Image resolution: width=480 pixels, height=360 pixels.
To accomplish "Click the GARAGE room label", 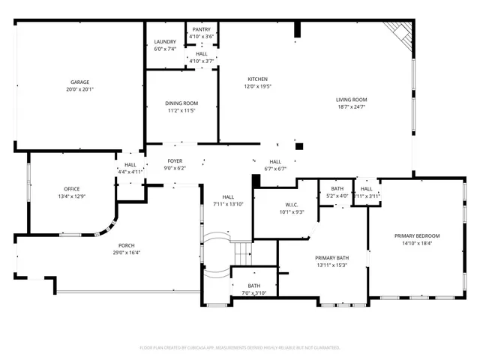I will [x=80, y=82].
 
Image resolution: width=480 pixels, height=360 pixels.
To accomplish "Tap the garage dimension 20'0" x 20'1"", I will [x=80, y=89].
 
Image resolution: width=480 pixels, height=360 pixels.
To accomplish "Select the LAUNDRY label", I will [x=165, y=42].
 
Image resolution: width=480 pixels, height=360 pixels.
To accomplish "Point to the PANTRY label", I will [x=201, y=29].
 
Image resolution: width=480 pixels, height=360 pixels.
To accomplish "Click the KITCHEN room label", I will [x=258, y=79].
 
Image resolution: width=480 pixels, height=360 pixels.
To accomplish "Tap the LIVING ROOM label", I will [x=351, y=100].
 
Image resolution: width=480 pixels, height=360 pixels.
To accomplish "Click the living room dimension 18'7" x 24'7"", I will [x=351, y=107].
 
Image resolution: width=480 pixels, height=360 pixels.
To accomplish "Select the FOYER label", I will [x=175, y=161].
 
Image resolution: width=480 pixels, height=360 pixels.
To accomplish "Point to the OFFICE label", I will [x=71, y=189].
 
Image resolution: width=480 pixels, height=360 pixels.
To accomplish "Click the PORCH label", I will [x=126, y=245].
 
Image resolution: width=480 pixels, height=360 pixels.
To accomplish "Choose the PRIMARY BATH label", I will [x=330, y=257].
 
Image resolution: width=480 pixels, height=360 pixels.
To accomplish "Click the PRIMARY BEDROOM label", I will [x=417, y=236].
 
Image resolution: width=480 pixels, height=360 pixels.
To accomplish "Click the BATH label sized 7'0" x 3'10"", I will [x=254, y=286].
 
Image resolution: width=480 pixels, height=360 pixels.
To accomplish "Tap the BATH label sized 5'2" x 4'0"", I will [x=337, y=189].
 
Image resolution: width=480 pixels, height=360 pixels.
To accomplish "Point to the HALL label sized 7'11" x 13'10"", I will [x=228, y=196].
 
